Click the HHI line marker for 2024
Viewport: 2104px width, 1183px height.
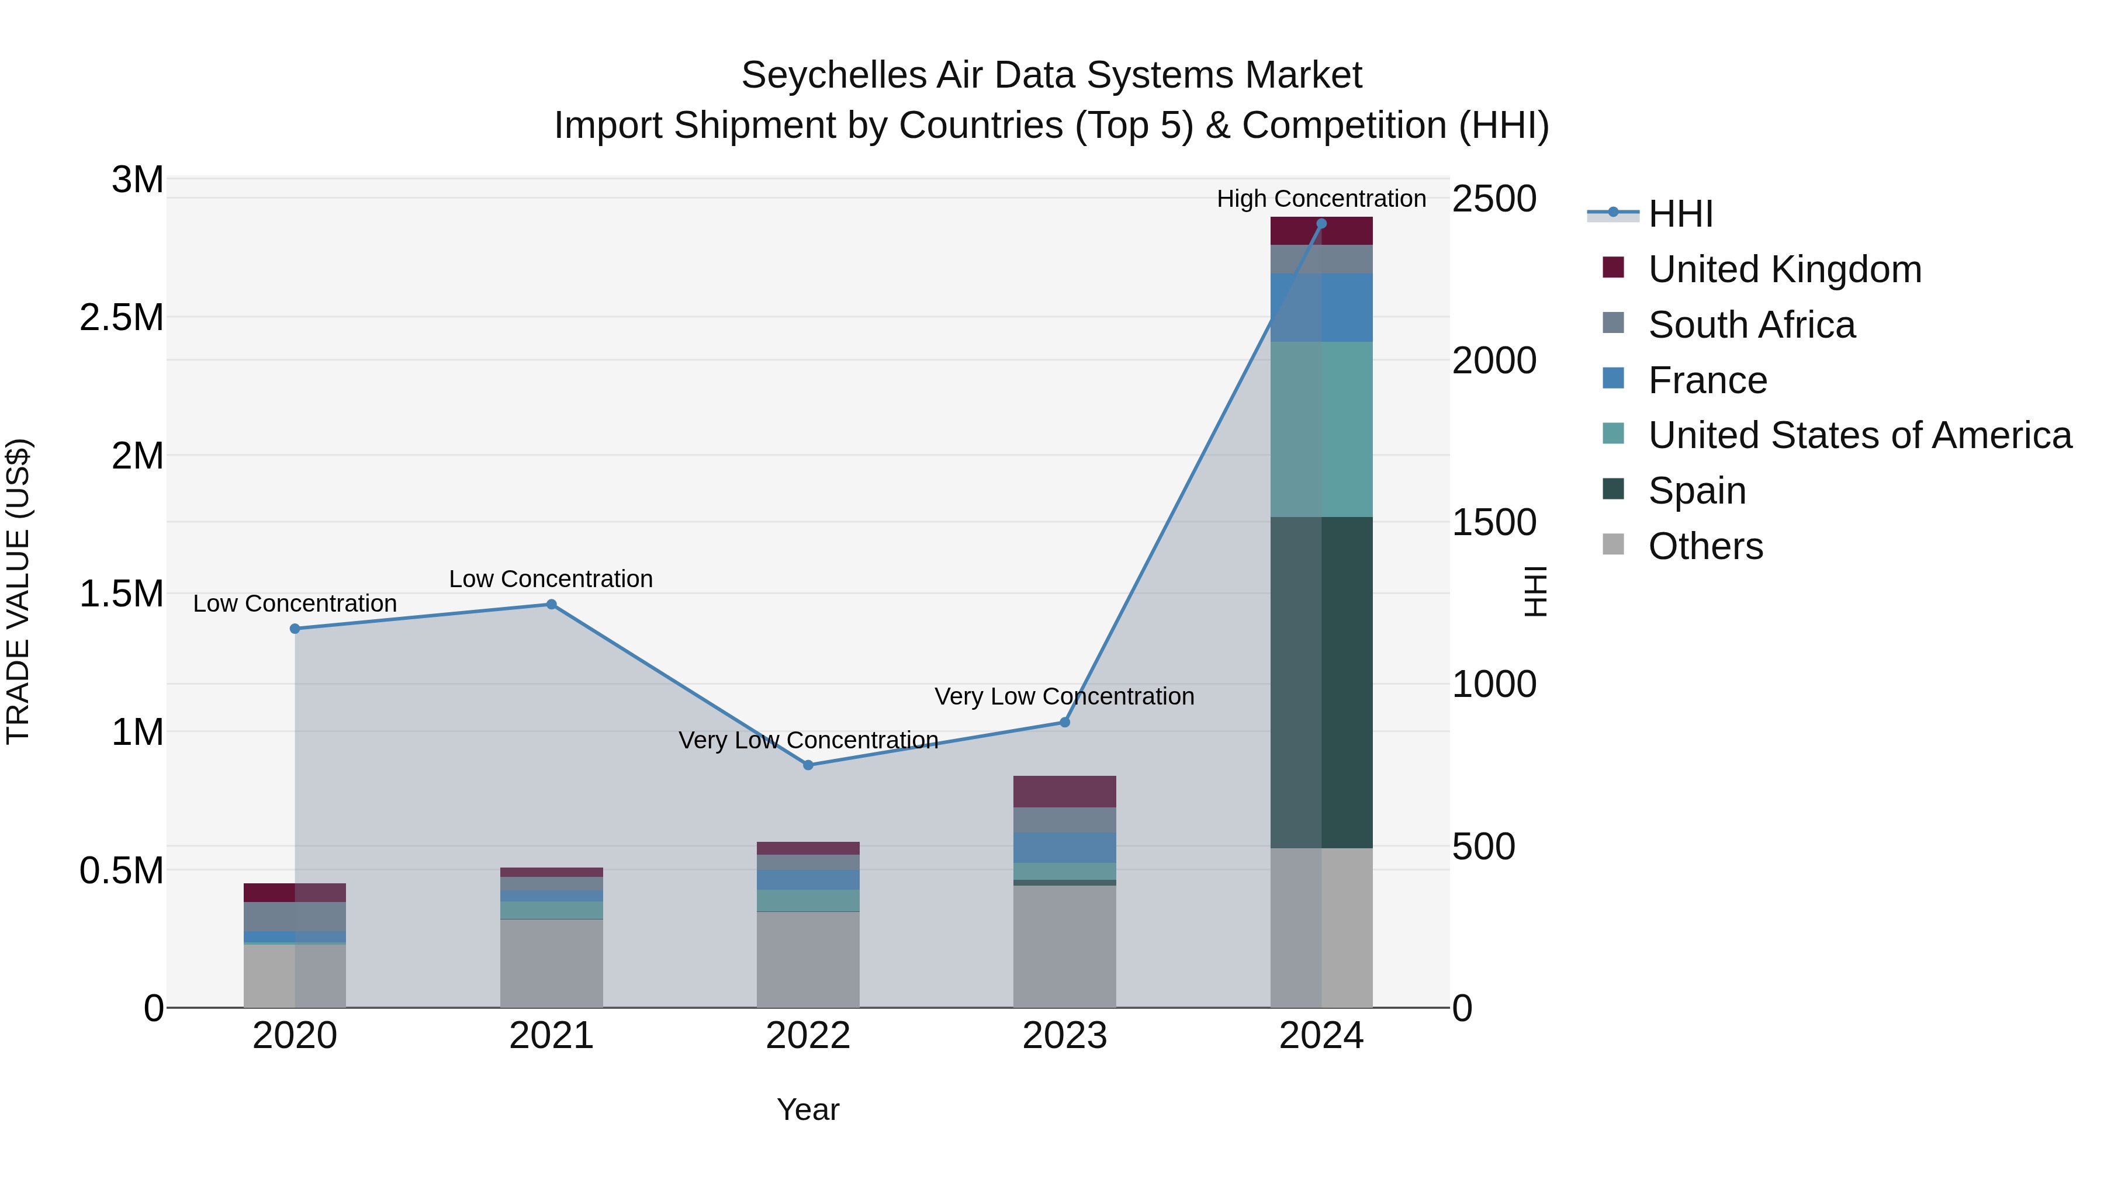pyautogui.click(x=1321, y=224)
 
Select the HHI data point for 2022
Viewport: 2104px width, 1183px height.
pyautogui.click(x=808, y=765)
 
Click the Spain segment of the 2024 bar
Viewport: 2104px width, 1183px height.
pyautogui.click(x=1321, y=682)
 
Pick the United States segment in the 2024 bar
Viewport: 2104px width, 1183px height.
pyautogui.click(x=1321, y=429)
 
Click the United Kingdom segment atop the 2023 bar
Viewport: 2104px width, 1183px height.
pyautogui.click(x=1064, y=791)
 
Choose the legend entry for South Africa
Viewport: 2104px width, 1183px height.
pyautogui.click(x=1751, y=325)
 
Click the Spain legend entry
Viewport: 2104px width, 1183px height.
pyautogui.click(x=1697, y=491)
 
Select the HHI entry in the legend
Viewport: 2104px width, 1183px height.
pyautogui.click(x=1680, y=214)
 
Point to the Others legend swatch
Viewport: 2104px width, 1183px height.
pyautogui.click(x=1613, y=544)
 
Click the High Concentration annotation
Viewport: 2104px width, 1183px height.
pyautogui.click(x=1321, y=199)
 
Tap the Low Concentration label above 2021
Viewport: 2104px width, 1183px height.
pyautogui.click(x=551, y=579)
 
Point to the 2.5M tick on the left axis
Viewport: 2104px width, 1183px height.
pyautogui.click(x=121, y=318)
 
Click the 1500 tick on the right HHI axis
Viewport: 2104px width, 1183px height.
pyautogui.click(x=1494, y=522)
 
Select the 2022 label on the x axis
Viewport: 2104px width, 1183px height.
pyautogui.click(x=808, y=1036)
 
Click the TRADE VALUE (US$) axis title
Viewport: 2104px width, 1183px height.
pyautogui.click(x=18, y=591)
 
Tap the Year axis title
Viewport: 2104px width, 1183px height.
pyautogui.click(x=808, y=1109)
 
